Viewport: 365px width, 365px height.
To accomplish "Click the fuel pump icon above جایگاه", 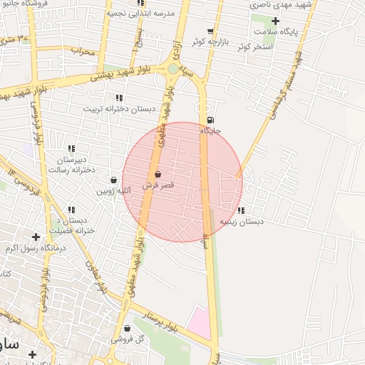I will [x=210, y=120].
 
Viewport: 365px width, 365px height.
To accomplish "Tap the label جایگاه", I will [x=210, y=131].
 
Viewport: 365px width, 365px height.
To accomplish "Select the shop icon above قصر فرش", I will [x=158, y=174].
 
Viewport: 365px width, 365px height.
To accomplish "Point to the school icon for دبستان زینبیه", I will [x=241, y=210].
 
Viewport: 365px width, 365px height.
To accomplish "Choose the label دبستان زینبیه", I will [x=241, y=222].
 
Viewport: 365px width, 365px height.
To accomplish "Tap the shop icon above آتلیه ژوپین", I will [x=114, y=180].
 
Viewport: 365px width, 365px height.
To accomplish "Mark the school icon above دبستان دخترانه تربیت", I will [x=119, y=98].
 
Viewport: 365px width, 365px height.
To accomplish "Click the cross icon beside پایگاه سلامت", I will [x=275, y=21].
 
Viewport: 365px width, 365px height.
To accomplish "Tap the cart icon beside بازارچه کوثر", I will [x=210, y=31].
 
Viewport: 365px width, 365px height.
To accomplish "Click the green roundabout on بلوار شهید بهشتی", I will [x=173, y=68].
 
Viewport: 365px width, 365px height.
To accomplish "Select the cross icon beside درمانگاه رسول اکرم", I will [x=36, y=237].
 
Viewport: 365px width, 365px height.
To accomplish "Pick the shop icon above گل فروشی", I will [x=127, y=329].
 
